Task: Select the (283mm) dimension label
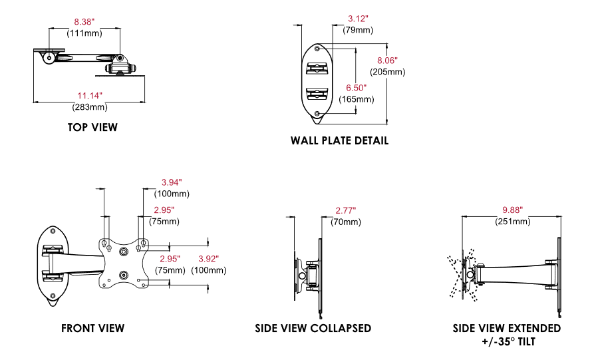pos(90,107)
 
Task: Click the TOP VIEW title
pos(92,127)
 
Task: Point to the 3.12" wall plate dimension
pos(358,19)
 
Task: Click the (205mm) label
pos(388,72)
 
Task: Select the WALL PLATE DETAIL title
pos(339,141)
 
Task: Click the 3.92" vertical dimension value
pos(208,260)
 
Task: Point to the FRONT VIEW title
pos(92,328)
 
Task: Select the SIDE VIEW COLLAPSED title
pos(313,328)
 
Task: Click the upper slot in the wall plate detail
pos(317,69)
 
